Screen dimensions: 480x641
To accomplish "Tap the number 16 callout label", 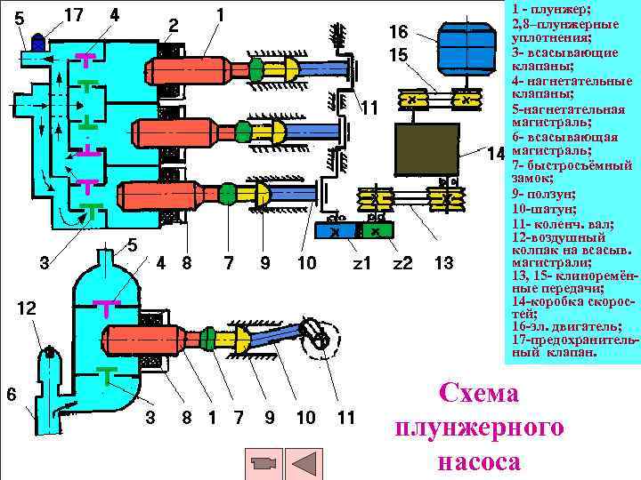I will coord(398,32).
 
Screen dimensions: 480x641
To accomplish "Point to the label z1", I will coord(361,263).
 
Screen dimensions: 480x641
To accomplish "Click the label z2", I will coord(402,263).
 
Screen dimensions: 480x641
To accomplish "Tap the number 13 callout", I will coord(443,263).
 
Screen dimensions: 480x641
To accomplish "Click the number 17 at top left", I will coord(75,15).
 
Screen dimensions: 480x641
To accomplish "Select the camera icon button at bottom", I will coord(263,464).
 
